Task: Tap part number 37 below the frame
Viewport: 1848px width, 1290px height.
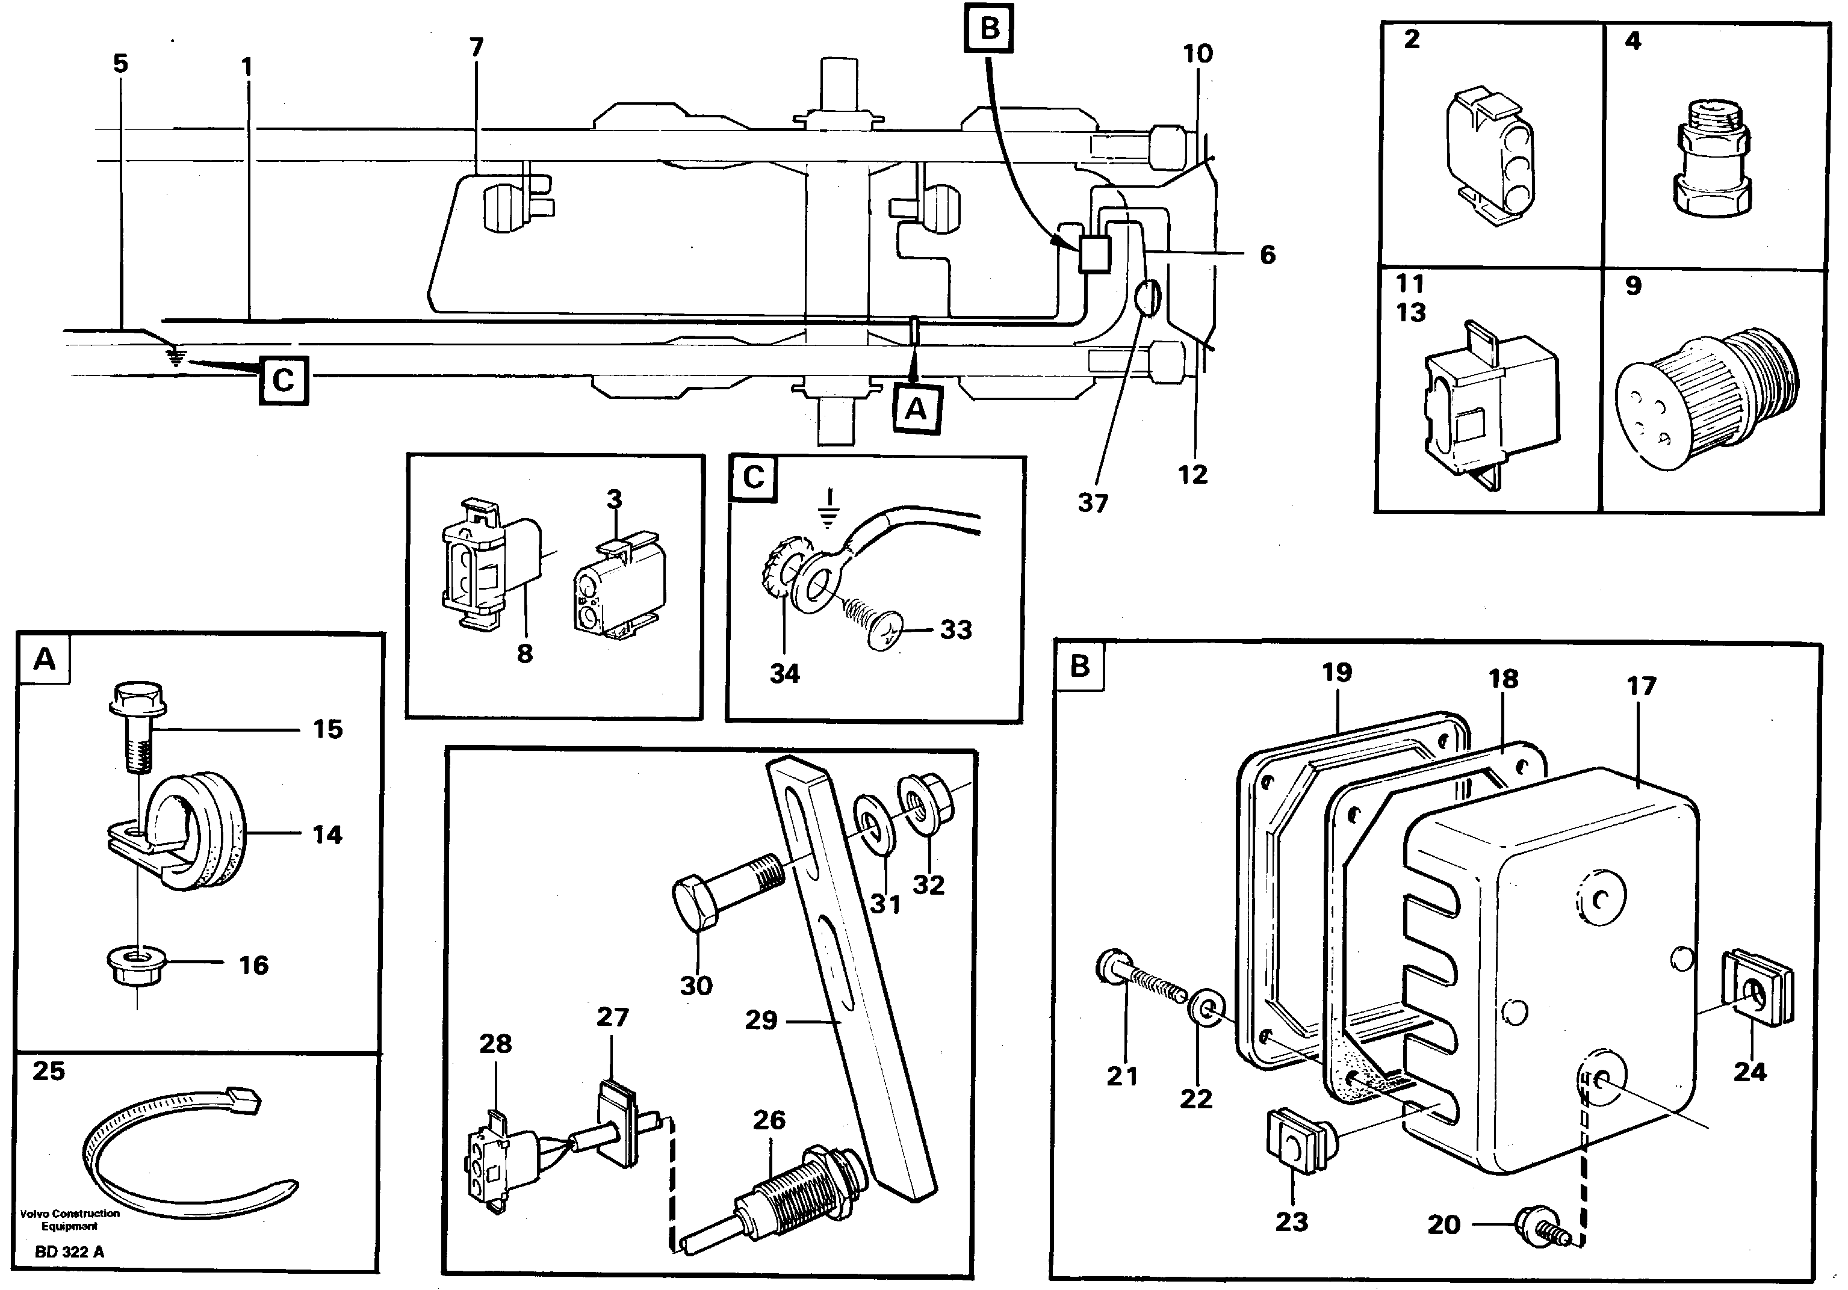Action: [1092, 504]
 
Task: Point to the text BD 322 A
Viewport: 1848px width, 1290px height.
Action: [69, 1251]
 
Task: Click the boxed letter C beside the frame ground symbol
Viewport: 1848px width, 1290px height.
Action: [282, 380]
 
